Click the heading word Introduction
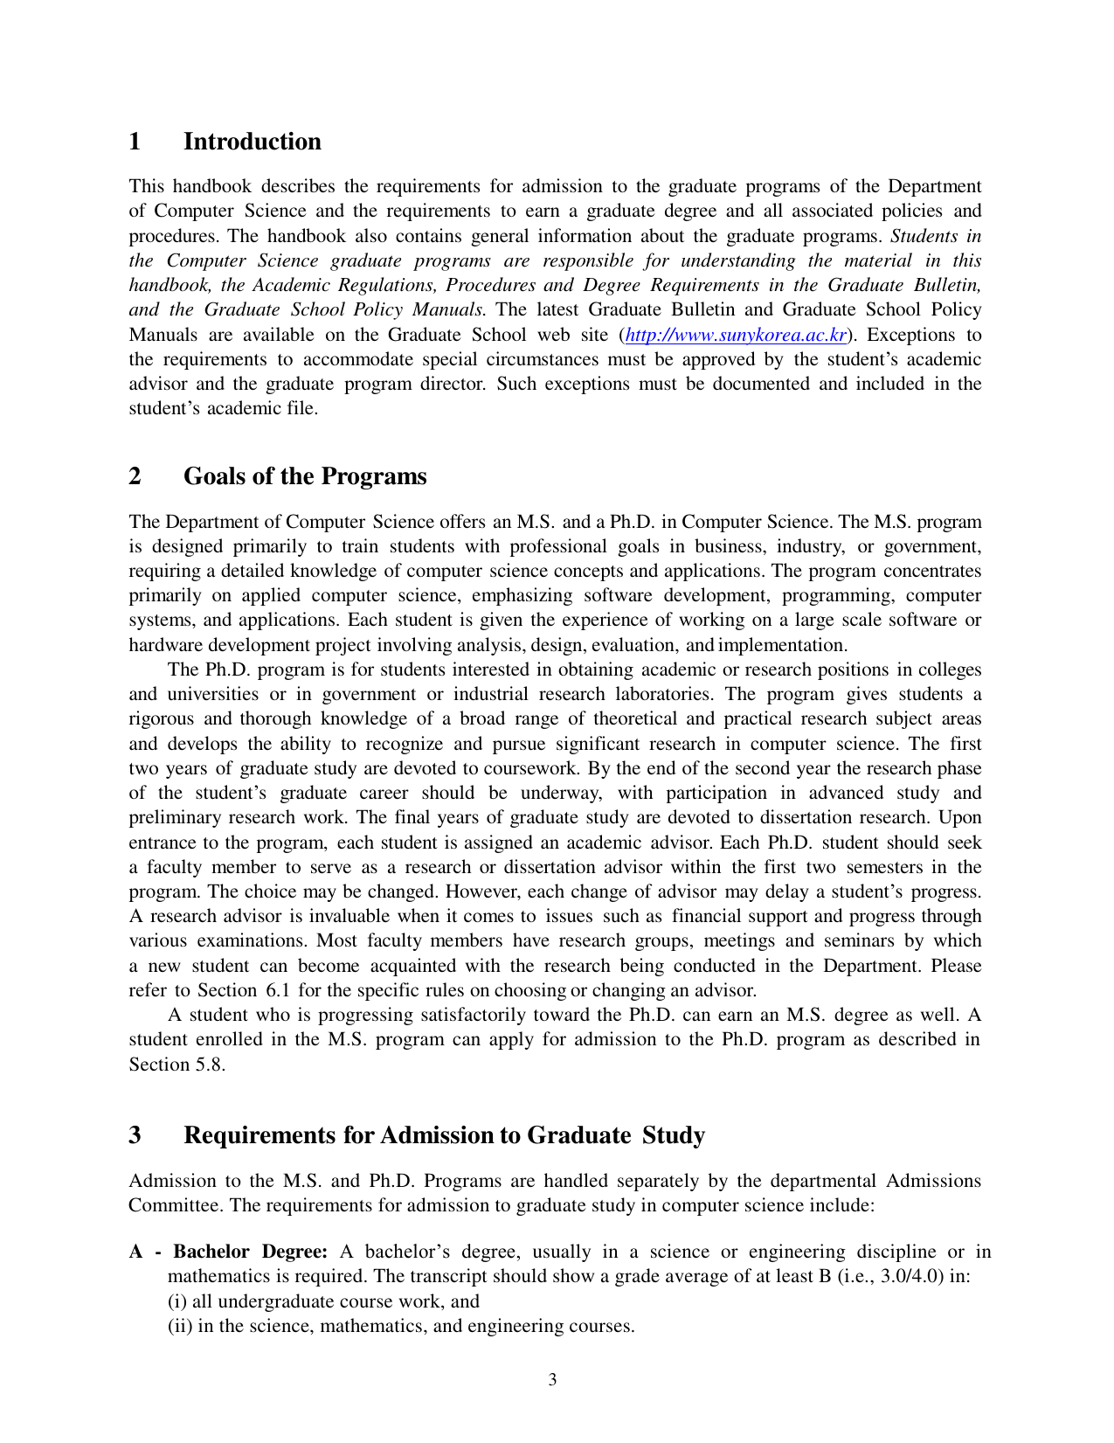(252, 142)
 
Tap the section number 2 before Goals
(135, 476)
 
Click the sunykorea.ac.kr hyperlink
(736, 335)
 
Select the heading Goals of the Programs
(305, 476)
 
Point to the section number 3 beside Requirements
(135, 1135)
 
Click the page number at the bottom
(552, 1380)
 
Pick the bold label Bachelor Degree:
(250, 1252)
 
